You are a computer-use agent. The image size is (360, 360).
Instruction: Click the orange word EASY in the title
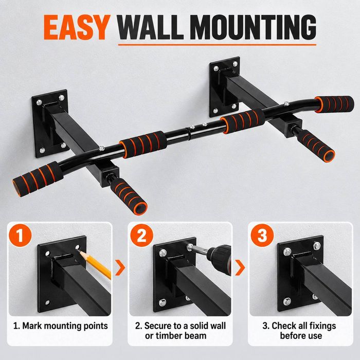(77, 27)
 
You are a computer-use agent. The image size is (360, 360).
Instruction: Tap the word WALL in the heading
(150, 27)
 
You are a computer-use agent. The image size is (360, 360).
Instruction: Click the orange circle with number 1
(20, 236)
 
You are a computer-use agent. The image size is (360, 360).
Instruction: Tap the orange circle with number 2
(141, 236)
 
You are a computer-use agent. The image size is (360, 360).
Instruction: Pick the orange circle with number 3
(262, 236)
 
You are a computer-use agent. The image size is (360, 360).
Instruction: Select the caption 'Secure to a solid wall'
(181, 326)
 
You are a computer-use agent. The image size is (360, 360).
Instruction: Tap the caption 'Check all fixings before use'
(299, 331)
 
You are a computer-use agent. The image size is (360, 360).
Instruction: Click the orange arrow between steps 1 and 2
(120, 267)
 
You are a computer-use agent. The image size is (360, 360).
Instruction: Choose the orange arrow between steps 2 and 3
(240, 267)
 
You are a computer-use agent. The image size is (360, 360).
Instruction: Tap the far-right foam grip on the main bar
(334, 104)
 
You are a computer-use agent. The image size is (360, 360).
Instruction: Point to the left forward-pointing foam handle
(129, 196)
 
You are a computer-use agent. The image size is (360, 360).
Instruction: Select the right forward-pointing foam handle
(316, 146)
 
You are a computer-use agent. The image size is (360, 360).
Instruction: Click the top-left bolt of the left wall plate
(39, 102)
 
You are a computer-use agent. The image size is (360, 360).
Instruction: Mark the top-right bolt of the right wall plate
(235, 64)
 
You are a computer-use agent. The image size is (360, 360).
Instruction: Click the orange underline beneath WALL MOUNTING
(217, 45)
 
